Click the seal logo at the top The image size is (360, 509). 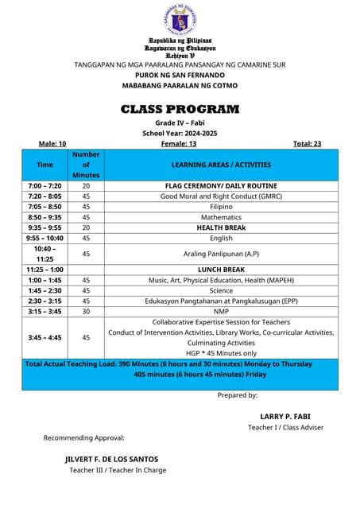click(183, 19)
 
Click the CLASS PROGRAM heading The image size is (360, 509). click(180, 109)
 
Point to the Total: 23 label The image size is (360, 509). click(307, 144)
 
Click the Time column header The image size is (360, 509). click(45, 165)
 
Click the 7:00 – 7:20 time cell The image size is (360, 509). click(45, 185)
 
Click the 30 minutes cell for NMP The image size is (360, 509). click(86, 311)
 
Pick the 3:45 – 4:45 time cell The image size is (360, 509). click(45, 337)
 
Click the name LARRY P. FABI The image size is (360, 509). click(283, 416)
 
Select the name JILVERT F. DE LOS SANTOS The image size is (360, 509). click(111, 459)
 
